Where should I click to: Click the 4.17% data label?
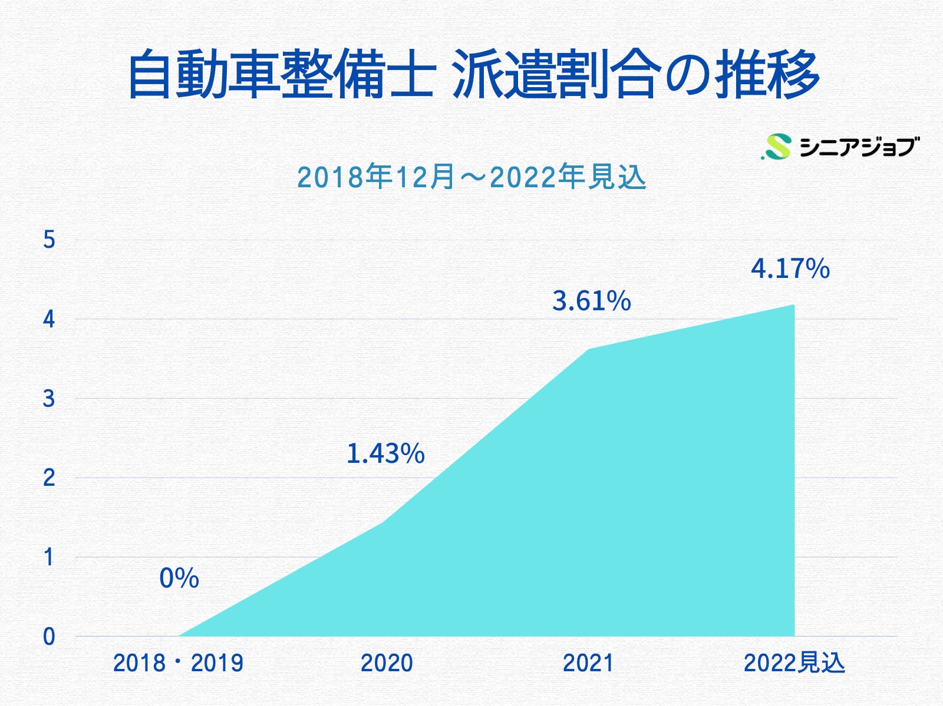tap(790, 269)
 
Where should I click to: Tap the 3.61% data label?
tap(591, 301)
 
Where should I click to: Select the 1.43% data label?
tap(385, 453)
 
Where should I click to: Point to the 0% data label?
tap(179, 578)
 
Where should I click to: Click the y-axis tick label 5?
tap(49, 240)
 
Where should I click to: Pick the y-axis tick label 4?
tap(49, 319)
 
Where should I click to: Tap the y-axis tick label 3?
tap(49, 399)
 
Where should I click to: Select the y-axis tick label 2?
tap(49, 478)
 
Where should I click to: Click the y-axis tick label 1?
tap(49, 557)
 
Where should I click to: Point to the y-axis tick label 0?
tap(49, 637)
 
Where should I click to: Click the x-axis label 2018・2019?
tap(178, 663)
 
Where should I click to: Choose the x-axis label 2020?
tap(387, 663)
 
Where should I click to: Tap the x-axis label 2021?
tap(588, 663)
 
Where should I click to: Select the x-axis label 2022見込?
tap(794, 663)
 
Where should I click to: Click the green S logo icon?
tap(777, 147)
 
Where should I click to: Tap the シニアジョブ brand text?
tap(858, 147)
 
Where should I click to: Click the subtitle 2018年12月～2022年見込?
tap(471, 177)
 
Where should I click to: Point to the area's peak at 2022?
tap(793, 305)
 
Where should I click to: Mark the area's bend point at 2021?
tap(588, 350)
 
